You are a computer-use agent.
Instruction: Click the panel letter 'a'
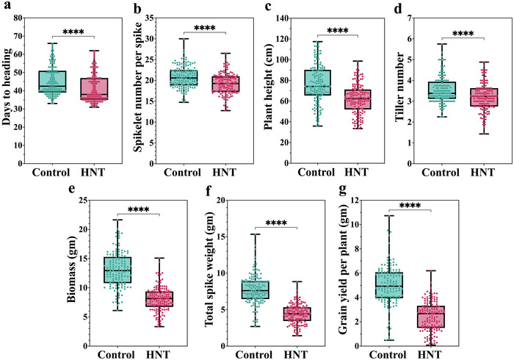[x=7, y=7]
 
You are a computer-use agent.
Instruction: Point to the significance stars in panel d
[x=463, y=33]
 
